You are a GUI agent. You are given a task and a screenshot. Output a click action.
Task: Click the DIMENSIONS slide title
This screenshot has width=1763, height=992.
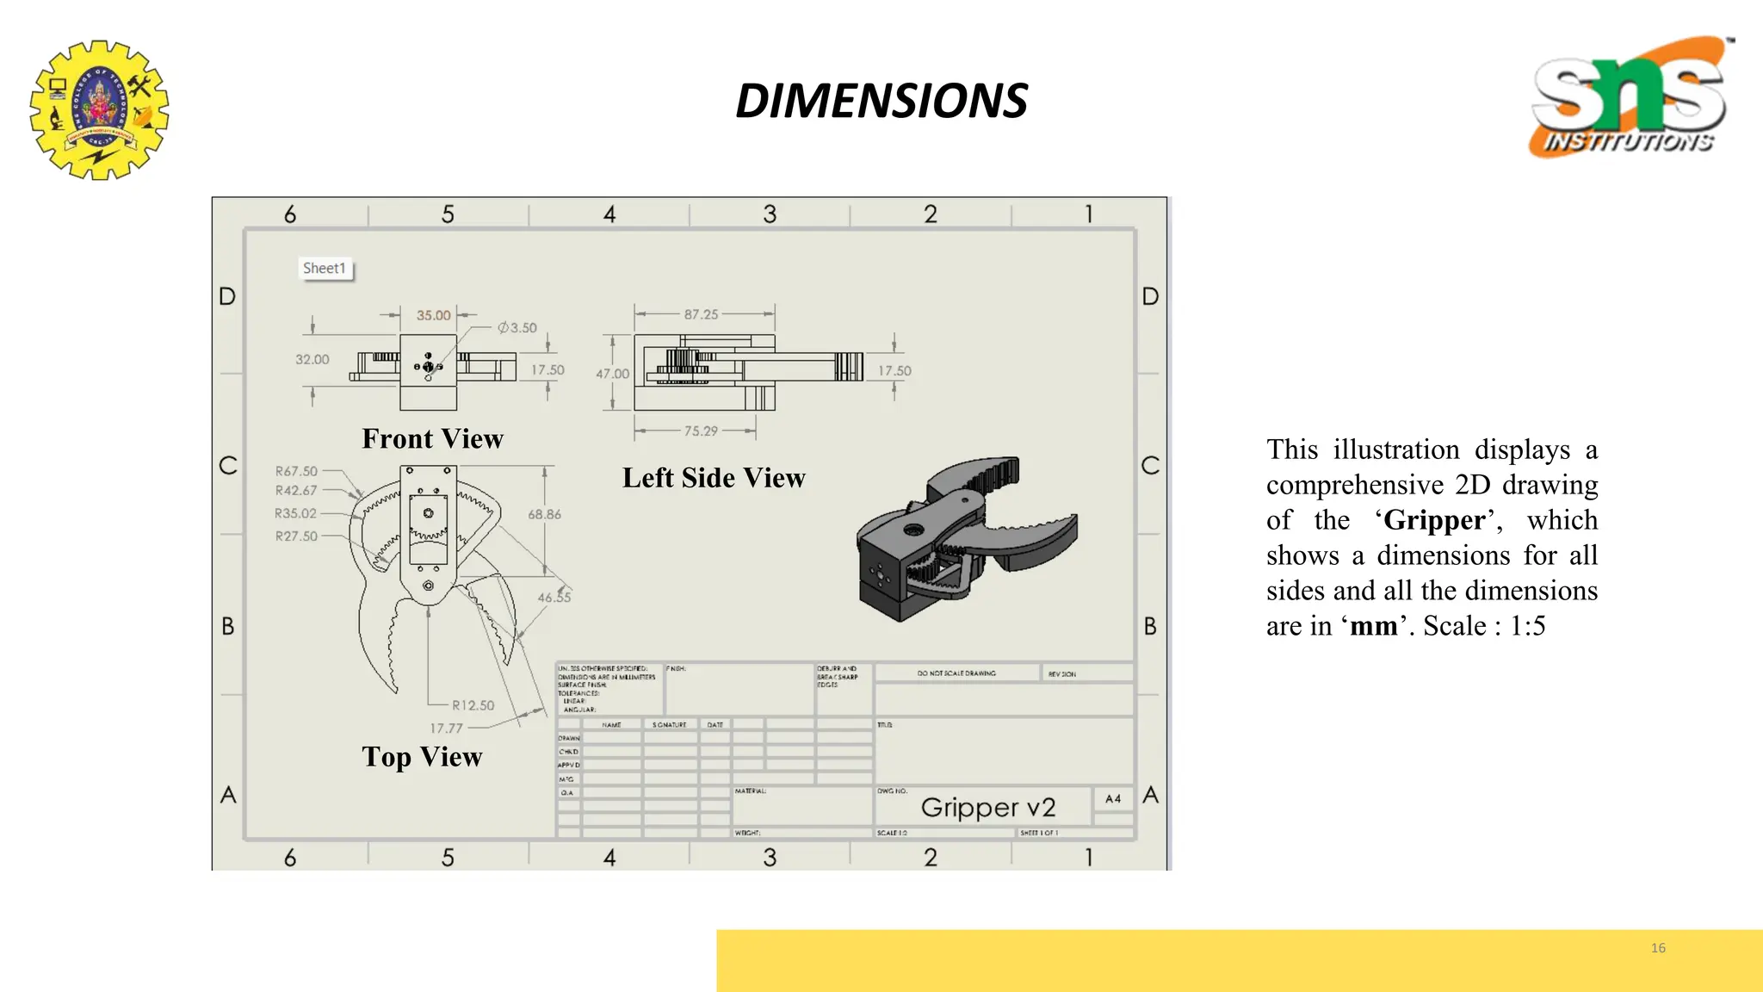pyautogui.click(x=881, y=101)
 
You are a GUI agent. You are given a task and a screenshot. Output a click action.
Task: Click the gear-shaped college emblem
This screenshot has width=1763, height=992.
pyautogui.click(x=99, y=109)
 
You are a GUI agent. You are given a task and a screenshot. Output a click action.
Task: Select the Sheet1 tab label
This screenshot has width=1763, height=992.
pyautogui.click(x=325, y=268)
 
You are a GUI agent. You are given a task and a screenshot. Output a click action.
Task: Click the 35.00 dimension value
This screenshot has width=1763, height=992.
pyautogui.click(x=433, y=315)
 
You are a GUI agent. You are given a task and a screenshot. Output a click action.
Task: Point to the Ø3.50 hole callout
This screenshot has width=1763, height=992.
pyautogui.click(x=517, y=327)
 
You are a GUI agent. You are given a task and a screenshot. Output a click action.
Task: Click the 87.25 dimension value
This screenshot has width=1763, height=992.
pyautogui.click(x=701, y=314)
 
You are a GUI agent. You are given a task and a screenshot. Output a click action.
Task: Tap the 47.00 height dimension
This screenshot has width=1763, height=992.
pyautogui.click(x=612, y=374)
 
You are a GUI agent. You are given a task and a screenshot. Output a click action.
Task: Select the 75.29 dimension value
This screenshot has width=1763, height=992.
pyautogui.click(x=701, y=431)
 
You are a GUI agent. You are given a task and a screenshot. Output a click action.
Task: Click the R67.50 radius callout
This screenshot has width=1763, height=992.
pyautogui.click(x=296, y=471)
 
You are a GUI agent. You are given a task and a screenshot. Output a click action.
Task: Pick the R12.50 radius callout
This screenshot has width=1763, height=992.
pyautogui.click(x=473, y=705)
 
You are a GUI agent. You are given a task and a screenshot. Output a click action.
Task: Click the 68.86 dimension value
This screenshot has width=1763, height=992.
pyautogui.click(x=544, y=514)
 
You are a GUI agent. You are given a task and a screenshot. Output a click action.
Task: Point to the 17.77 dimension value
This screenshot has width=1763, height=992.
pyautogui.click(x=446, y=728)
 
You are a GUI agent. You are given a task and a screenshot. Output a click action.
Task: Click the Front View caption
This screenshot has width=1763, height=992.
pyautogui.click(x=432, y=438)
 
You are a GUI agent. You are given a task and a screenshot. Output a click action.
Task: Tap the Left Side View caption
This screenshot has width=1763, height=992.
pyautogui.click(x=714, y=477)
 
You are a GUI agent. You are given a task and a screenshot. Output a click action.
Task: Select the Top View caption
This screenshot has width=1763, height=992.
pyautogui.click(x=422, y=756)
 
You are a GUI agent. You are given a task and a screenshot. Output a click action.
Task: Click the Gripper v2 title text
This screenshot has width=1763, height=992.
pyautogui.click(x=987, y=807)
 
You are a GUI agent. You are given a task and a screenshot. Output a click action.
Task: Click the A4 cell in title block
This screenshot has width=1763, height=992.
pyautogui.click(x=1113, y=799)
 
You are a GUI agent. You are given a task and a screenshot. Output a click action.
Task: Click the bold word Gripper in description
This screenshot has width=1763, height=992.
pyautogui.click(x=1434, y=520)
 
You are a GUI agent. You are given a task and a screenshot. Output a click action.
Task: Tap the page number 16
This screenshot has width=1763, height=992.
pyautogui.click(x=1658, y=948)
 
